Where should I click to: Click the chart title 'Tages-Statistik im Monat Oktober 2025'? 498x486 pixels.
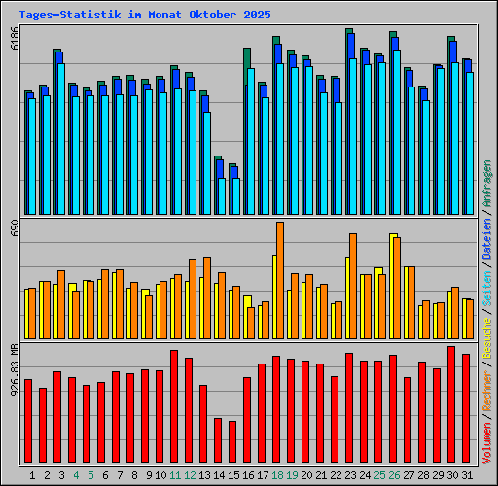(145, 15)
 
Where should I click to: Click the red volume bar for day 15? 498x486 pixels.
(232, 443)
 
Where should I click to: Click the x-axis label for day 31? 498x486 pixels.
(467, 475)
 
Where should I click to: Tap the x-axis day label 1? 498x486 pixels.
(33, 475)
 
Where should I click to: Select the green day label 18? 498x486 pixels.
(277, 475)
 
